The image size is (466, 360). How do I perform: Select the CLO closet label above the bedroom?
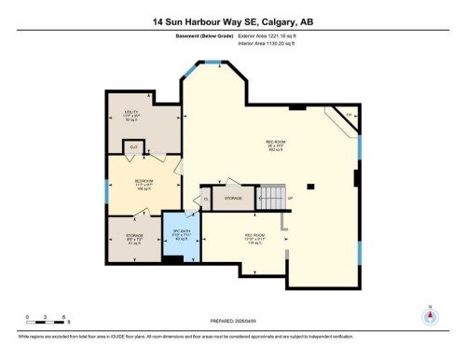pyautogui.click(x=133, y=146)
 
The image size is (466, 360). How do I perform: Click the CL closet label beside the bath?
pyautogui.click(x=206, y=199)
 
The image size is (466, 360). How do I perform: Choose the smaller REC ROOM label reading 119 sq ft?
pyautogui.click(x=255, y=237)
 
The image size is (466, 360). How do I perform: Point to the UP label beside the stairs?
pyautogui.click(x=291, y=199)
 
